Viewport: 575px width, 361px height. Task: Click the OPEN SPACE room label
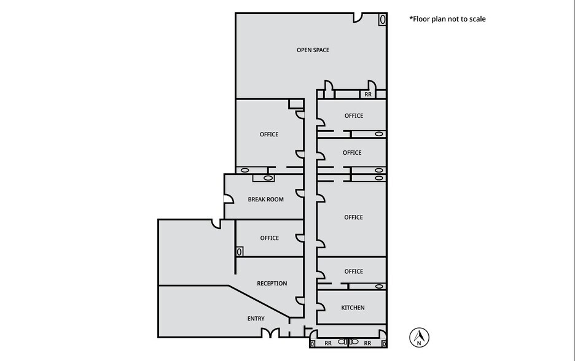point(313,50)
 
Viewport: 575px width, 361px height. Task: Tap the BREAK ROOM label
point(265,200)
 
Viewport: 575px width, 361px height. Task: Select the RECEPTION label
point(272,284)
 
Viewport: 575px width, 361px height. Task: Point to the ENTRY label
point(256,318)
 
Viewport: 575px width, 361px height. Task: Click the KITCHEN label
point(353,308)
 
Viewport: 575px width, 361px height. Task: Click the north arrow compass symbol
point(419,337)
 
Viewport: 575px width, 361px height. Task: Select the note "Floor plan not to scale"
point(447,19)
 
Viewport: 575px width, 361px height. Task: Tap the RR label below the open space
point(367,95)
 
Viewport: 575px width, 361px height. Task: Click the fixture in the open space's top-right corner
point(381,20)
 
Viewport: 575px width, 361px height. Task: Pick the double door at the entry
point(270,333)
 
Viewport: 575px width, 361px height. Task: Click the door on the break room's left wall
point(227,198)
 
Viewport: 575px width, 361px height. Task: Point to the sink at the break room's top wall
point(268,178)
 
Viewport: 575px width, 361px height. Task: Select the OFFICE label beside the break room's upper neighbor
point(269,134)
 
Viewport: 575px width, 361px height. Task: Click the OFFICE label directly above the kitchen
point(353,271)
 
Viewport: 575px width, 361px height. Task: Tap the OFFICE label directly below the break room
point(269,238)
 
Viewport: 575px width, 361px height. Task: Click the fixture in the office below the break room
point(240,251)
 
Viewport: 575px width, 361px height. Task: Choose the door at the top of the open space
point(357,18)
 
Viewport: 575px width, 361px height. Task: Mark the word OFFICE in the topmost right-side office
point(353,115)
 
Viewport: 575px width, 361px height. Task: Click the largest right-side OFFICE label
point(353,217)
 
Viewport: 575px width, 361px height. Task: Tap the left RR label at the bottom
point(328,343)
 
